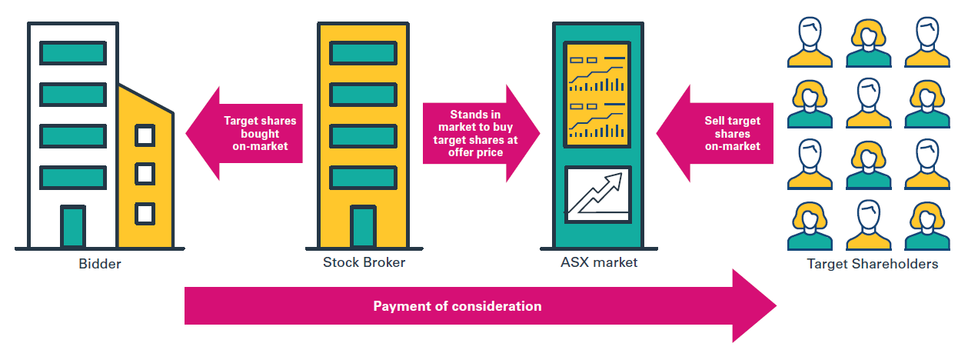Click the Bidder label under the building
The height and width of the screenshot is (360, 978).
click(100, 264)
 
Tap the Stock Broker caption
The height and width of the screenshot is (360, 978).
click(364, 262)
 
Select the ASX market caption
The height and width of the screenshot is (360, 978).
click(599, 263)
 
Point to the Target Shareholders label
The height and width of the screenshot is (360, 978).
click(872, 264)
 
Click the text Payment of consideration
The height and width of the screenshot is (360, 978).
click(457, 306)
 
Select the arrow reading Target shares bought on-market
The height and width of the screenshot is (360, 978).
click(246, 132)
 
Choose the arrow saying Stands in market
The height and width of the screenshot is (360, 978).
click(477, 133)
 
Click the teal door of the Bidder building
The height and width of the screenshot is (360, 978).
click(73, 226)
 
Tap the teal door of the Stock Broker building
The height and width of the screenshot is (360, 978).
click(363, 226)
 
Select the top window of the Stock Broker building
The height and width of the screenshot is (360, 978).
click(363, 52)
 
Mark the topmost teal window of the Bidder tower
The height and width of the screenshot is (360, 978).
click(73, 52)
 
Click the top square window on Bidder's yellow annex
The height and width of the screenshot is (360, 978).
click(145, 135)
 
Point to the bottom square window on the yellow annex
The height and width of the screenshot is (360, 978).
click(145, 212)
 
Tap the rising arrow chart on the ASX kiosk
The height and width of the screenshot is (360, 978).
click(597, 192)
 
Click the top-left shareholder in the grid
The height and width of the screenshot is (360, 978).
click(809, 43)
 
